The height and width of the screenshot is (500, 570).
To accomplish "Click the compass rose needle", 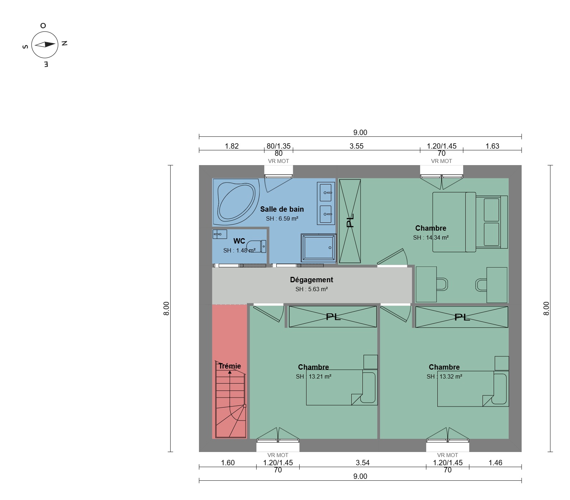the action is [x=45, y=44].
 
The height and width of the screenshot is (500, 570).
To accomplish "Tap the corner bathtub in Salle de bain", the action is [x=236, y=202].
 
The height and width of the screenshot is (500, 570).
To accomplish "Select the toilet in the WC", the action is [x=256, y=246].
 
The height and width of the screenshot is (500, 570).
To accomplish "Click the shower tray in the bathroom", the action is [x=318, y=248].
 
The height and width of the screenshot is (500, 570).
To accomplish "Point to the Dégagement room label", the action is [x=312, y=280].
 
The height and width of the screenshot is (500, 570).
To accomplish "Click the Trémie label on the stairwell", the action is [x=230, y=366].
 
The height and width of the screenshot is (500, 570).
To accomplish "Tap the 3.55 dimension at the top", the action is [x=356, y=146].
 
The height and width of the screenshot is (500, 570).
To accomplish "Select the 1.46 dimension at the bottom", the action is [x=495, y=463].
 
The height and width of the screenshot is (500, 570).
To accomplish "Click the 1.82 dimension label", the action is [x=232, y=146].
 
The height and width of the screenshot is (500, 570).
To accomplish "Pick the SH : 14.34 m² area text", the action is [x=431, y=237].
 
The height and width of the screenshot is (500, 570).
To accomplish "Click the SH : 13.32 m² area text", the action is [x=445, y=376].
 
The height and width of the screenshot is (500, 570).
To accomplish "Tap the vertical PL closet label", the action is [x=350, y=221].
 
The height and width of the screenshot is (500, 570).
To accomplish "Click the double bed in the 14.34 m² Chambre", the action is [x=470, y=222].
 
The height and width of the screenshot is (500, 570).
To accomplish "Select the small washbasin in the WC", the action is [x=219, y=234].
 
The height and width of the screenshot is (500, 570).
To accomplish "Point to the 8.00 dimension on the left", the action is [x=166, y=308].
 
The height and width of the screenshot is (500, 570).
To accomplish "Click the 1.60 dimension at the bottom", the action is [x=228, y=463].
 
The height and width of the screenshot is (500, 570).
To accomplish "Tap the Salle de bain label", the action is [x=282, y=209].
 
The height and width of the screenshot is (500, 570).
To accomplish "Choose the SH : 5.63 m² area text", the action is [x=312, y=289].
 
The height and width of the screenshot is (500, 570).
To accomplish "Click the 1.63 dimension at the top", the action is [x=492, y=146].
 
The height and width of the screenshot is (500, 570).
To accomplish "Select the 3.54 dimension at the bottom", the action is [x=362, y=463].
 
